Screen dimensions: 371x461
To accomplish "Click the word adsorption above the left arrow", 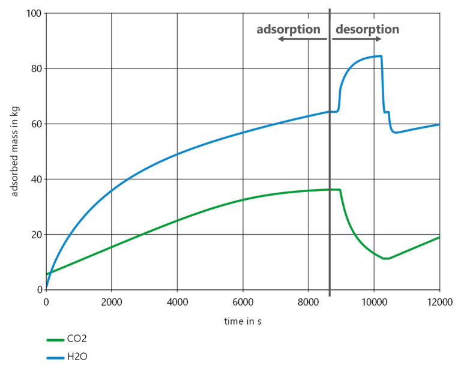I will [x=289, y=29].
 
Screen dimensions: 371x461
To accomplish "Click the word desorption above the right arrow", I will [x=367, y=29].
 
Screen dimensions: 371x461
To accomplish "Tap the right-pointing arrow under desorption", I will [x=356, y=39].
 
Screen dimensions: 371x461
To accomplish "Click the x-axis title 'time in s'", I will [x=243, y=321].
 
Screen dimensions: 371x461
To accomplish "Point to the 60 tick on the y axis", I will [x=34, y=124].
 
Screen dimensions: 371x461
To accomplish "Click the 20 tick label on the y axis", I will [x=34, y=235].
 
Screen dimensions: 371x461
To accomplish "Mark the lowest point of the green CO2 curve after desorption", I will [x=385, y=259].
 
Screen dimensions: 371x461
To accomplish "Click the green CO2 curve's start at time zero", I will [x=47, y=274].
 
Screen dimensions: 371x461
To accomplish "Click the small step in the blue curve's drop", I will [x=387, y=112].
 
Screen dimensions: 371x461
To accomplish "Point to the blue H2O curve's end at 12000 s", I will [x=439, y=124].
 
